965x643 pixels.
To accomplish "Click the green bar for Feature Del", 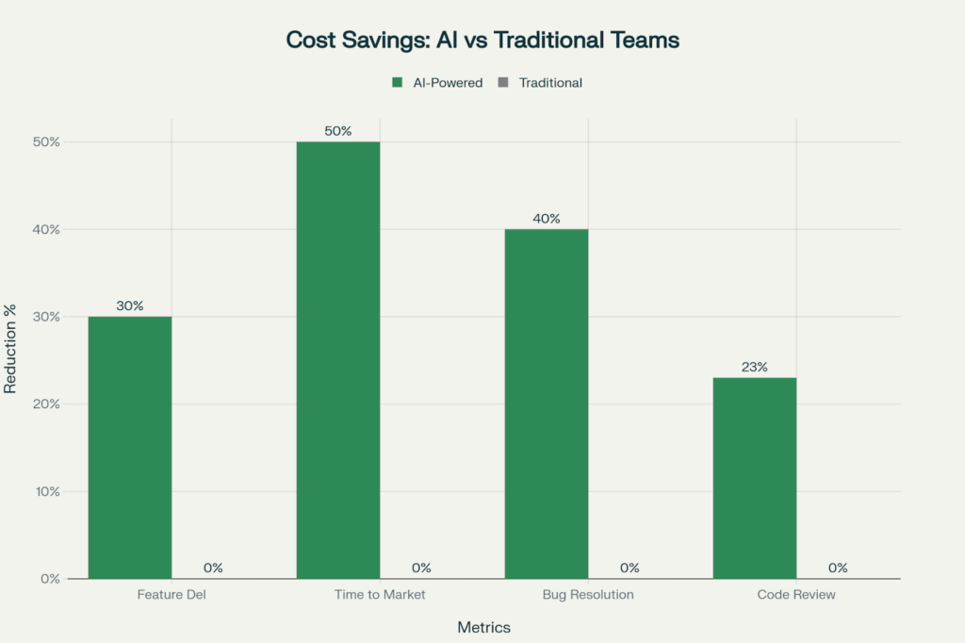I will tap(130, 447).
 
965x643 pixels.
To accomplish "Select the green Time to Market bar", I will tap(338, 359).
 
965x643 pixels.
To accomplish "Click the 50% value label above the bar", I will tap(338, 131).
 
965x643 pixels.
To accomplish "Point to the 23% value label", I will tap(755, 367).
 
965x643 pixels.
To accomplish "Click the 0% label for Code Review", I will tap(838, 568).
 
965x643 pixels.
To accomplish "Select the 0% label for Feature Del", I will tap(213, 568).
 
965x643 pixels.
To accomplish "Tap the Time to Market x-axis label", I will tap(380, 595).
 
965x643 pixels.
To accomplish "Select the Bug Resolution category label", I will tap(588, 595).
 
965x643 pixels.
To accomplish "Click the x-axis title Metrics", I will tap(483, 627).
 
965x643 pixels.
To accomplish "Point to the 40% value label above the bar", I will tap(547, 219).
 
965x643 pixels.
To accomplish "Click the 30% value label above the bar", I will tap(130, 305).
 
